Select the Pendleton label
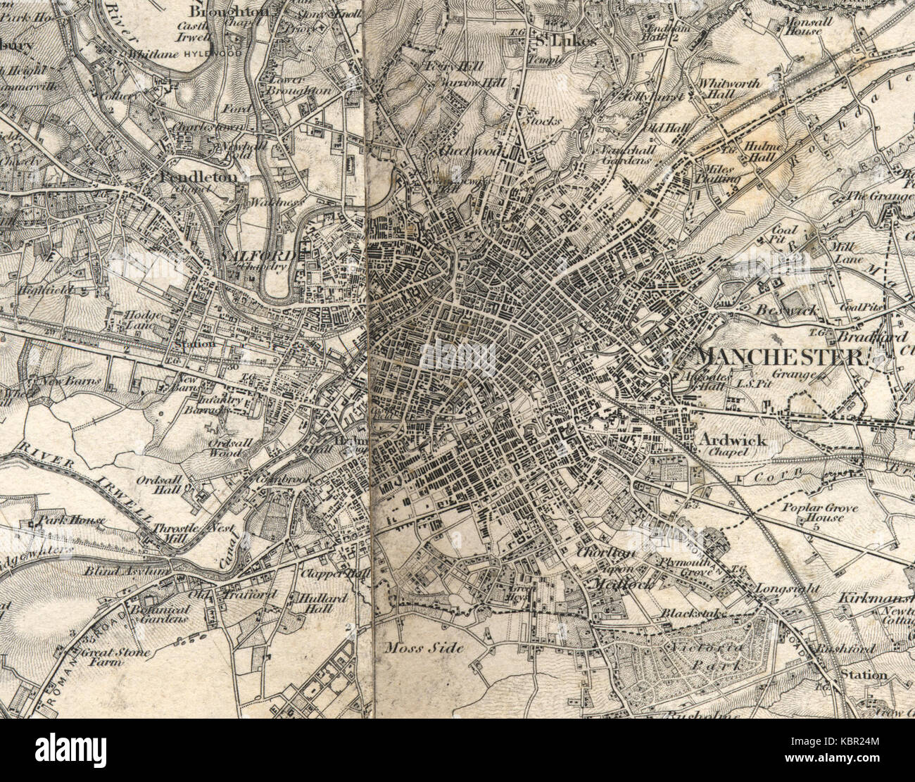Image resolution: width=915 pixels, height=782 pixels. click(x=199, y=177)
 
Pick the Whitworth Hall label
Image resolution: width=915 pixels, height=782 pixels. click(x=729, y=89)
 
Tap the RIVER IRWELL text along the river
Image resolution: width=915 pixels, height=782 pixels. click(x=84, y=486)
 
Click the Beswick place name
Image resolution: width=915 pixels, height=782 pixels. click(x=775, y=309)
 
